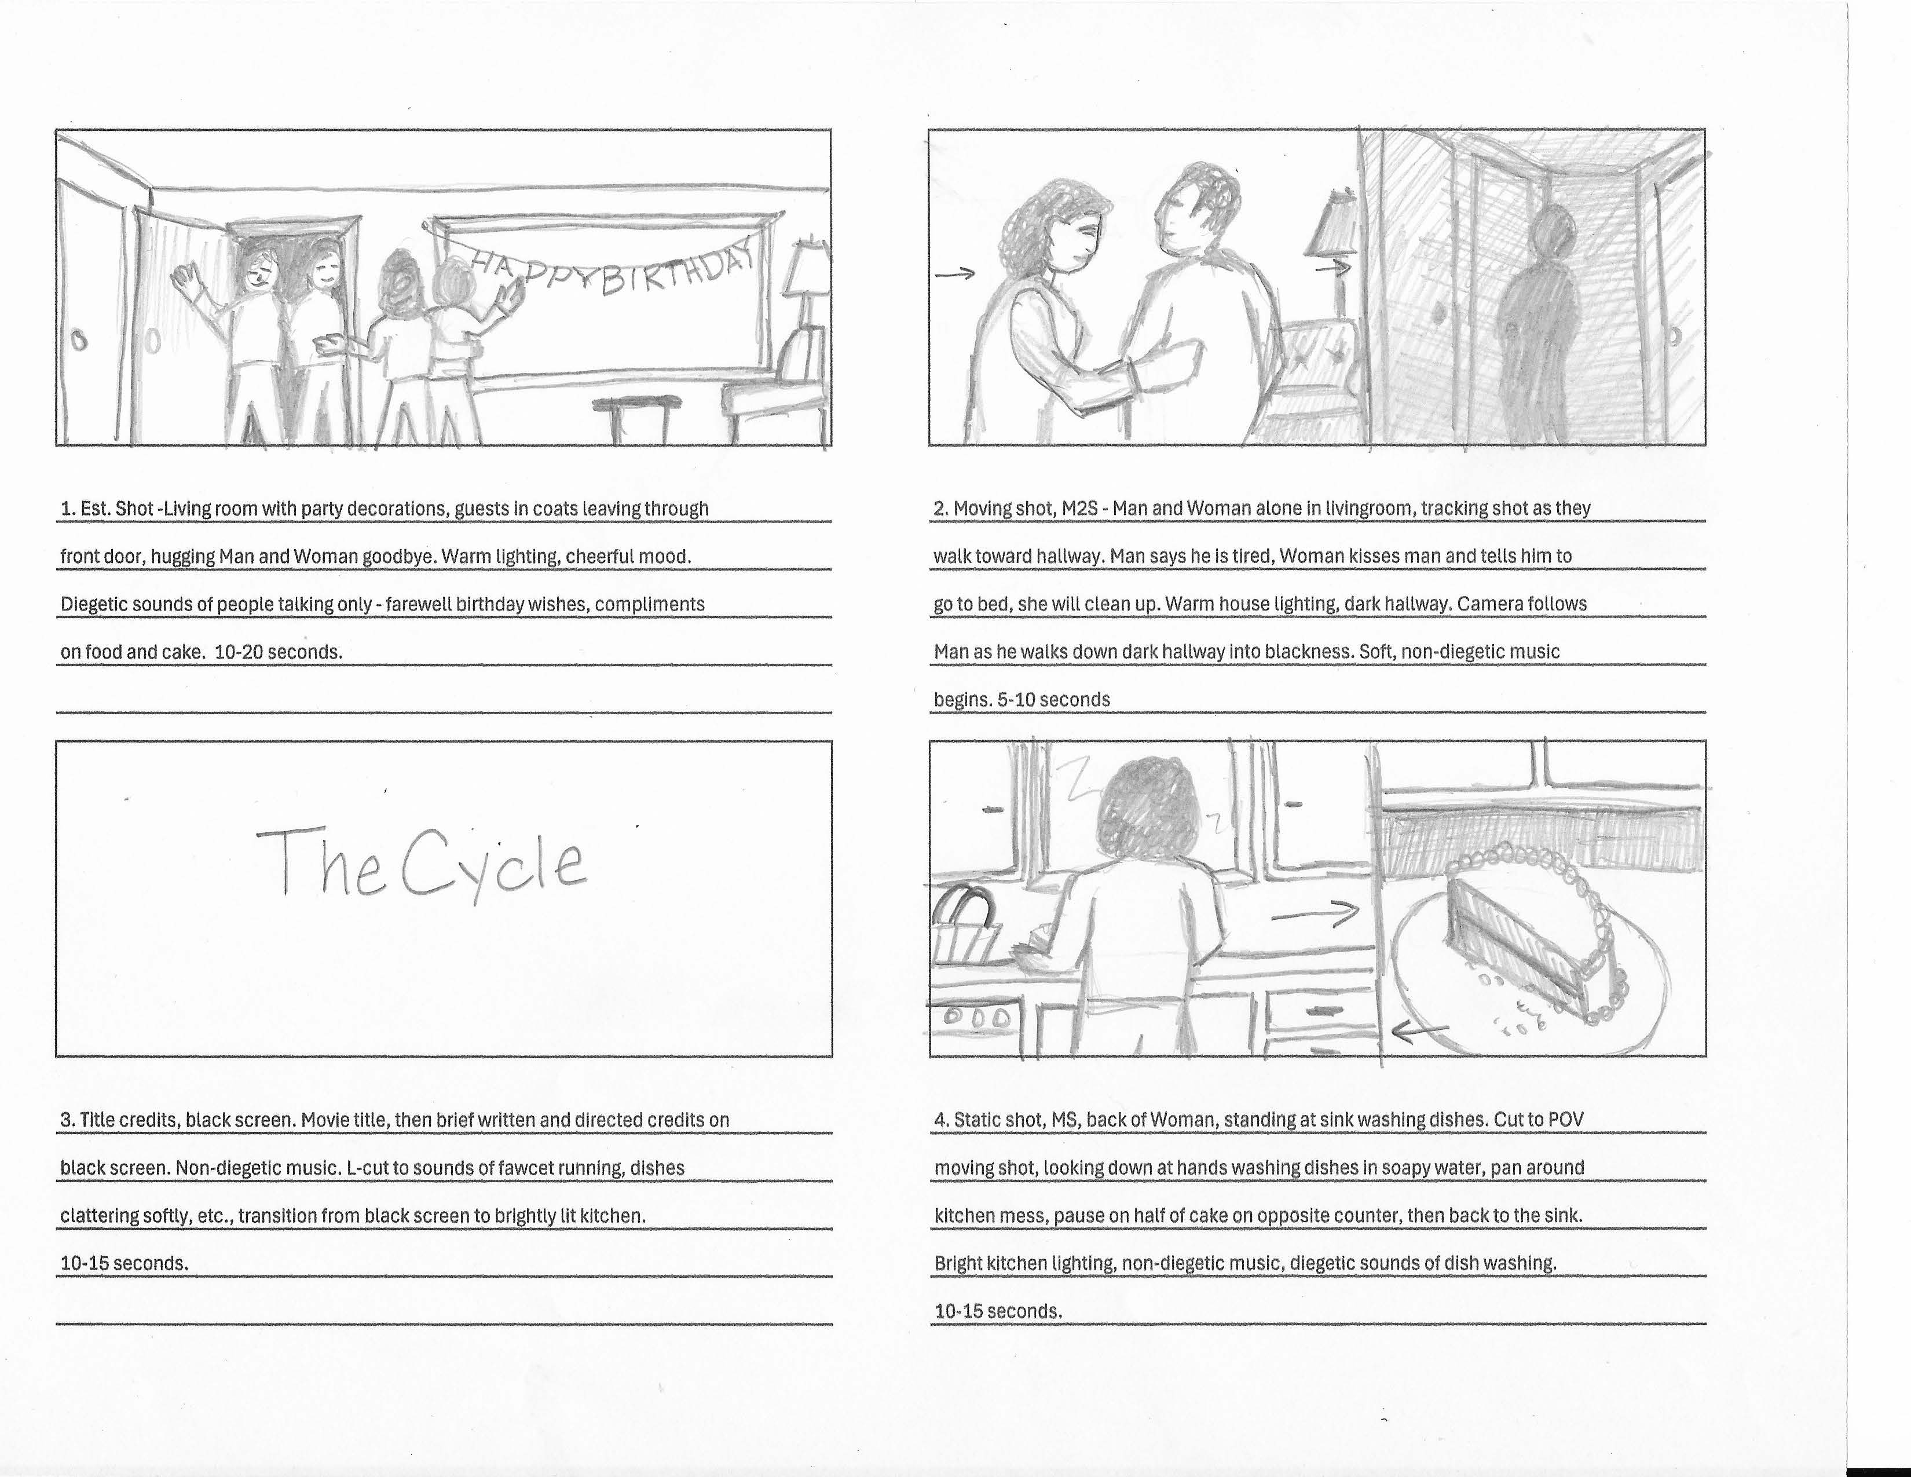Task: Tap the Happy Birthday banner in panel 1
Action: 613,271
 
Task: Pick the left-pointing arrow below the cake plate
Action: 1418,1033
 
